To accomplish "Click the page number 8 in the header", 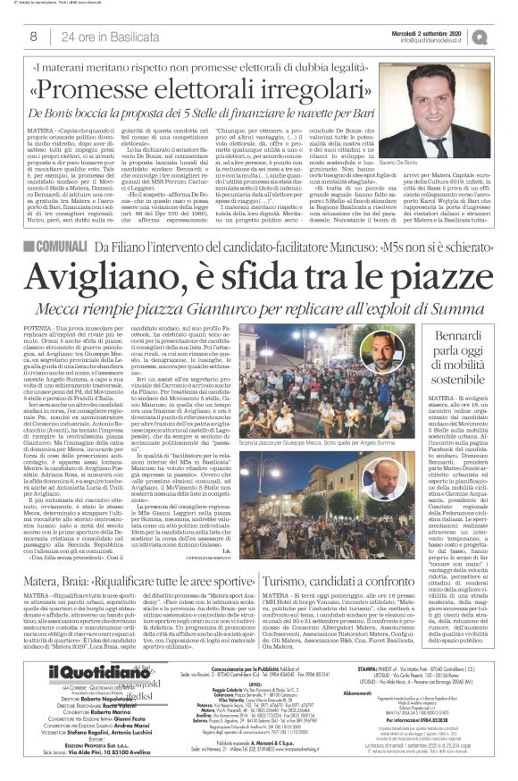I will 33,37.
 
